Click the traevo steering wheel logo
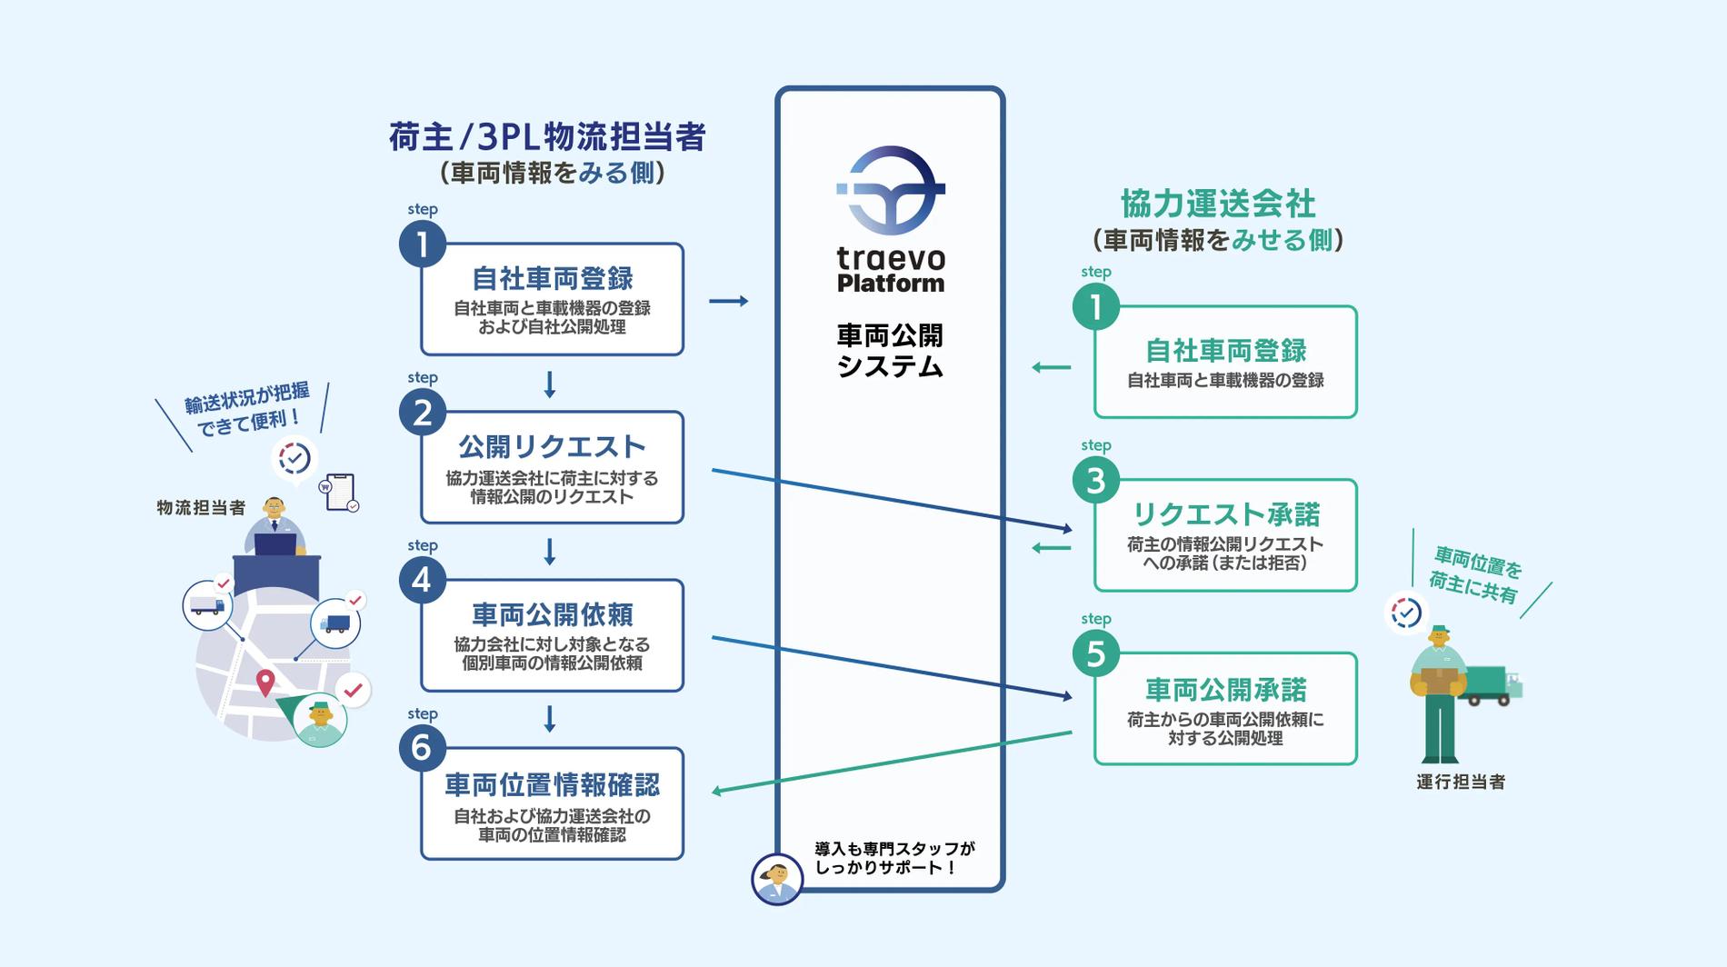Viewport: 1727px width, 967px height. click(890, 191)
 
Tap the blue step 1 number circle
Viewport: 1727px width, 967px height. click(422, 244)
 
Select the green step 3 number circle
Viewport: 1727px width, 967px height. click(1095, 480)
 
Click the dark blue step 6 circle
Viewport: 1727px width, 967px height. click(422, 748)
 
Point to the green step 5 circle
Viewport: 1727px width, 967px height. click(1095, 653)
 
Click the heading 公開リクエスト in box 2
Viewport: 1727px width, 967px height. click(552, 446)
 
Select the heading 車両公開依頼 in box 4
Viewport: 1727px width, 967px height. click(552, 615)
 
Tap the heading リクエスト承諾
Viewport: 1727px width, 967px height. click(1225, 514)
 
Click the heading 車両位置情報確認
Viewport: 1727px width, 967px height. click(552, 784)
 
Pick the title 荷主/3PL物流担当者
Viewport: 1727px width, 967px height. click(547, 137)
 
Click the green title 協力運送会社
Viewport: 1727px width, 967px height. click(1218, 204)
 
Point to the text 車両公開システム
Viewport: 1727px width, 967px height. click(890, 351)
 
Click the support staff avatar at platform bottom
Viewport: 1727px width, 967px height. click(777, 879)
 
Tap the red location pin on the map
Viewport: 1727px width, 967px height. click(265, 682)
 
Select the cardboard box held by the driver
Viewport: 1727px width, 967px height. click(1439, 680)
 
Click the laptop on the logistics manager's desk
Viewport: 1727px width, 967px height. click(275, 544)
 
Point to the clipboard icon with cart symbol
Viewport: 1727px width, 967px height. click(340, 492)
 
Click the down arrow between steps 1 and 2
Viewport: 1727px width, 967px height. click(549, 384)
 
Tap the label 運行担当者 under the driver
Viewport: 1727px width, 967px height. click(1460, 782)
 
